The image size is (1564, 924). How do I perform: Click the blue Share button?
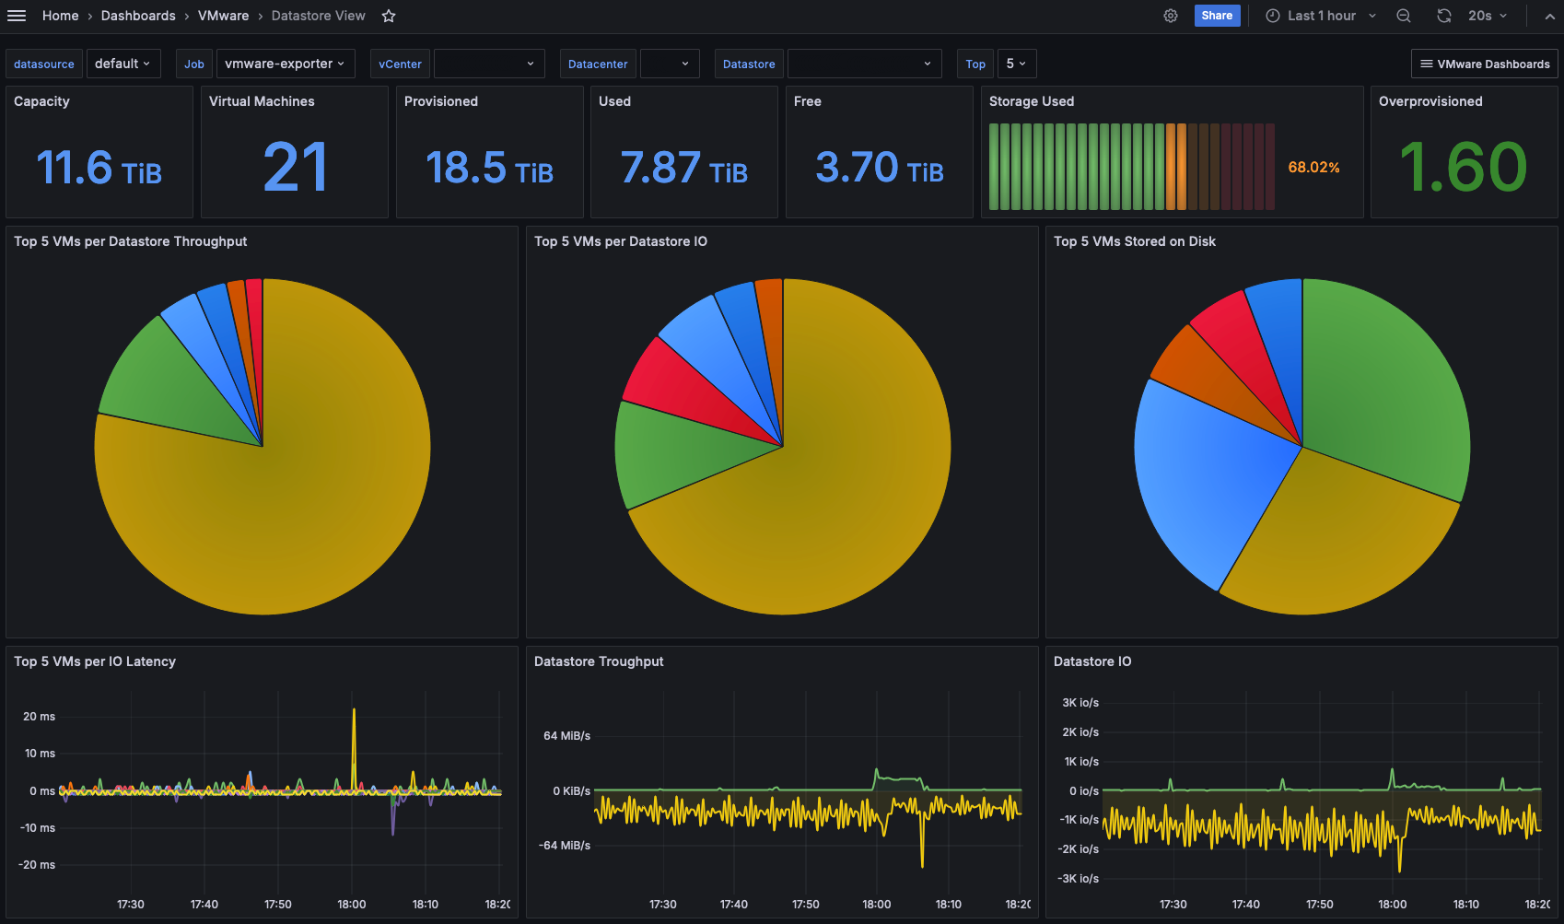click(x=1216, y=16)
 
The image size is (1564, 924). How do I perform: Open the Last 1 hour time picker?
click(x=1321, y=16)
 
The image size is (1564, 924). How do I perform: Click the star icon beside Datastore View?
click(x=389, y=16)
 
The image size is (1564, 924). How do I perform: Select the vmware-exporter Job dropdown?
click(x=286, y=64)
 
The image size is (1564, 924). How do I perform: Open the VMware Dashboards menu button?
click(x=1485, y=64)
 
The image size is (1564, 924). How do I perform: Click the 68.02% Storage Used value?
click(x=1313, y=168)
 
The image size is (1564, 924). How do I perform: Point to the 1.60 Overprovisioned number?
click(x=1464, y=168)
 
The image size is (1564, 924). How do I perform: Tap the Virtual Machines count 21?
click(x=295, y=168)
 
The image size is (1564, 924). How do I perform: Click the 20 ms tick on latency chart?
click(x=39, y=716)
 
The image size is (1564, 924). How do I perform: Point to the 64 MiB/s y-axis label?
click(x=567, y=735)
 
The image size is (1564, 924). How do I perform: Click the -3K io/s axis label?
click(x=1079, y=879)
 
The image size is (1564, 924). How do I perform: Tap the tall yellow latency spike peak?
click(x=354, y=709)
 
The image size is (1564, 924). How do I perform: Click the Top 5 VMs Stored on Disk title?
click(x=1135, y=241)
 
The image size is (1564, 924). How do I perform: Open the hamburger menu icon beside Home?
click(x=16, y=16)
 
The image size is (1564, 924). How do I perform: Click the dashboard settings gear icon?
click(x=1171, y=16)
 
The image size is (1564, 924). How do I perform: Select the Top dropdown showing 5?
click(x=1017, y=64)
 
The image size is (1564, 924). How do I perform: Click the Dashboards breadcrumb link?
click(x=138, y=16)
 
